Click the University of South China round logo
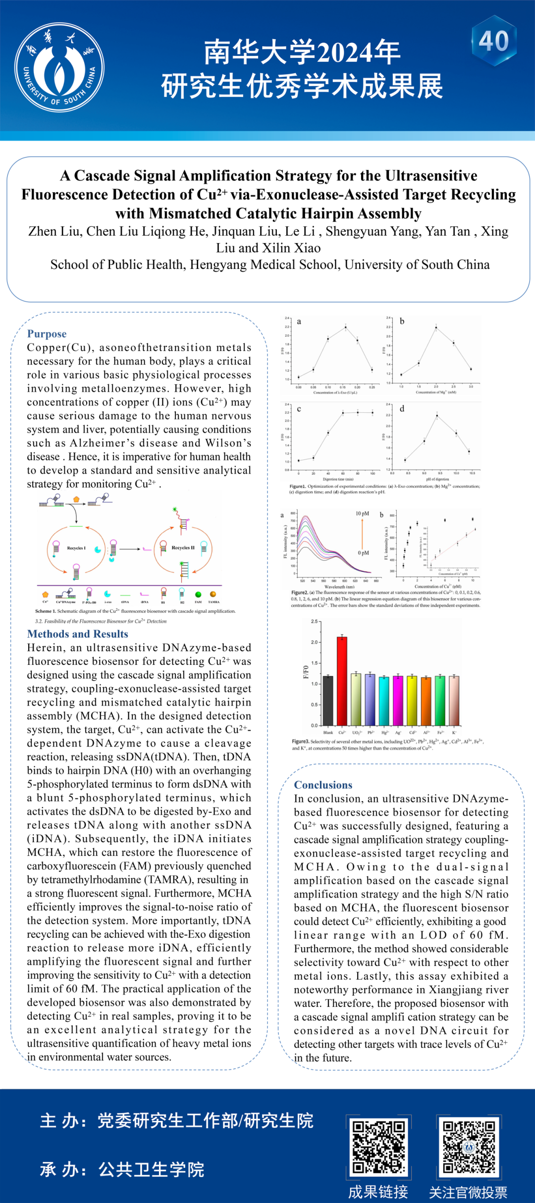(59, 67)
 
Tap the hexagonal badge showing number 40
(494, 41)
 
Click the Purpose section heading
(47, 334)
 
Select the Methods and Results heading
(78, 634)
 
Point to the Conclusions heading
(323, 785)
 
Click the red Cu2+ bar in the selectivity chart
(342, 681)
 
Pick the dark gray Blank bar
(328, 700)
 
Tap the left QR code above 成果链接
(379, 1147)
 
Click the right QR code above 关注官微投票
(469, 1147)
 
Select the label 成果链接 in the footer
(378, 1192)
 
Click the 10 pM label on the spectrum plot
(362, 513)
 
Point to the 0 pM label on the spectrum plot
(363, 553)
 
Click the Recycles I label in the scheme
(76, 548)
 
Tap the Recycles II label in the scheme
(183, 548)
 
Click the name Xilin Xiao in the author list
(291, 248)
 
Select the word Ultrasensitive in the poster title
(431, 176)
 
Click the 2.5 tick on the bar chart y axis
(314, 621)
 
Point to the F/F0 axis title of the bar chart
(306, 672)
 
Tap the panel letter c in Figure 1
(299, 409)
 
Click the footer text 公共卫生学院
(151, 1169)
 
